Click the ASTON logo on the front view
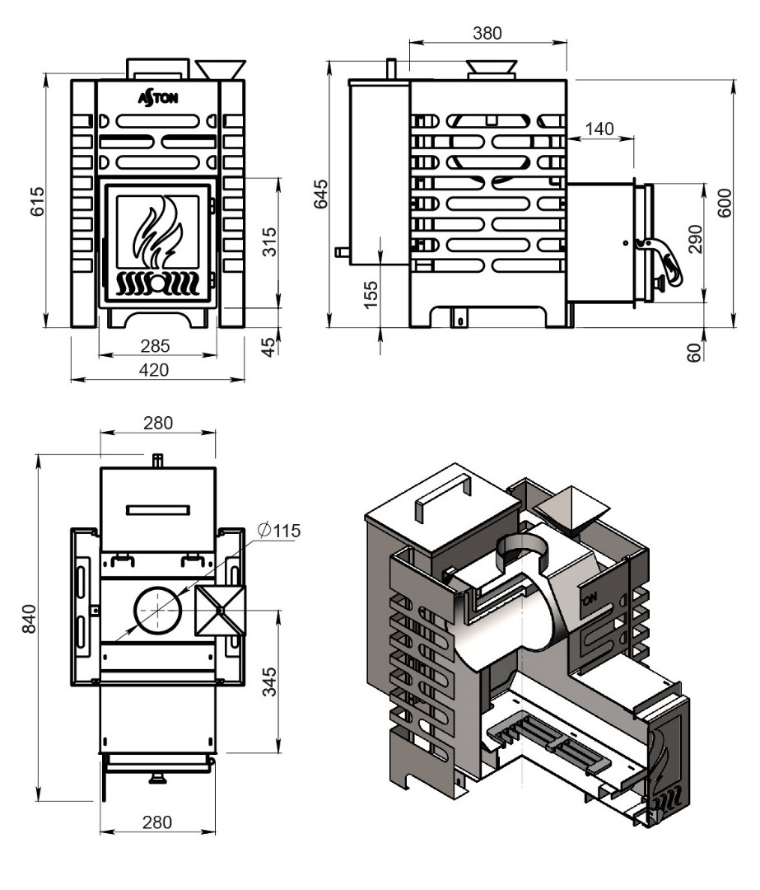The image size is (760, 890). pyautogui.click(x=157, y=97)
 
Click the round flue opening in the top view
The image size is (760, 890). pyautogui.click(x=158, y=611)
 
